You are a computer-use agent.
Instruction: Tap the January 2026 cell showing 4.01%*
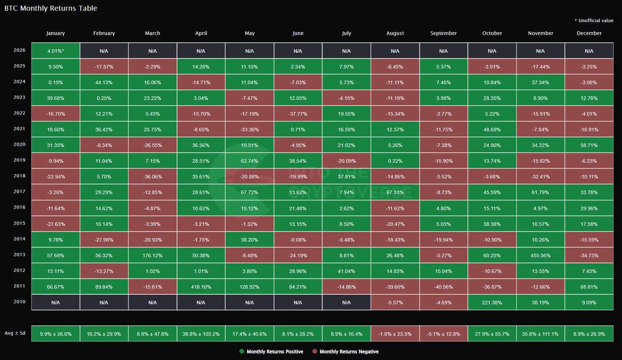pyautogui.click(x=55, y=51)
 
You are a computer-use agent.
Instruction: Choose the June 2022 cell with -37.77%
pyautogui.click(x=298, y=114)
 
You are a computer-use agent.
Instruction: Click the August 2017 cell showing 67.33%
pyautogui.click(x=395, y=193)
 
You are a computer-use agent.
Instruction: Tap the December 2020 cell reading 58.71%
pyautogui.click(x=589, y=146)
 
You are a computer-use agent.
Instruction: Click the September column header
pyautogui.click(x=443, y=33)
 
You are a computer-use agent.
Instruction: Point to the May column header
pyautogui.click(x=249, y=33)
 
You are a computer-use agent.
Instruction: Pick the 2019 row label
pyautogui.click(x=19, y=161)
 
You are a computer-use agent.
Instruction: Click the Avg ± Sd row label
pyautogui.click(x=16, y=334)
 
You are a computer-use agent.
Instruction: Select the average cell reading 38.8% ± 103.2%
pyautogui.click(x=201, y=334)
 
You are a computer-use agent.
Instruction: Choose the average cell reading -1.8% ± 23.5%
pyautogui.click(x=395, y=334)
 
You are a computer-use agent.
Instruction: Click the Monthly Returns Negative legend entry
pyautogui.click(x=349, y=352)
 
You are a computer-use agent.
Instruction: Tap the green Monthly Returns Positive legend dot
pyautogui.click(x=242, y=352)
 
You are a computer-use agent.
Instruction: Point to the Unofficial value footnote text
pyautogui.click(x=596, y=20)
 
